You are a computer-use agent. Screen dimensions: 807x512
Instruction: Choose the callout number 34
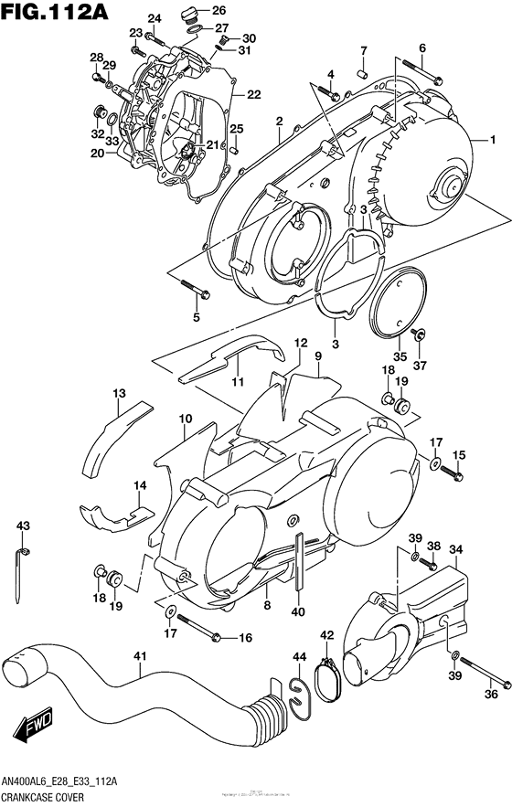456,549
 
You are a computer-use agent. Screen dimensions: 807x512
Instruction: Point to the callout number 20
97,154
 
